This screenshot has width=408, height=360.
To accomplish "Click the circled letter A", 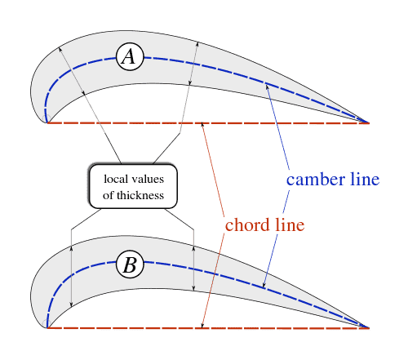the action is [x=130, y=57].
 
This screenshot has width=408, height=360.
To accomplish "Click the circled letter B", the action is [x=130, y=264].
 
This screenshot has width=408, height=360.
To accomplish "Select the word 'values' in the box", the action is [x=148, y=179].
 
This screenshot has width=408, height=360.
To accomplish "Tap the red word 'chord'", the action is [x=247, y=225].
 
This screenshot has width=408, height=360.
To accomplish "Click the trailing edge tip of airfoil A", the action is [x=369, y=123].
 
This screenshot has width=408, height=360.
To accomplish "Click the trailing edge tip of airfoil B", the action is [x=369, y=328].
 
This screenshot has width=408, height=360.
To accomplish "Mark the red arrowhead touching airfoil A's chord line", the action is [x=202, y=125].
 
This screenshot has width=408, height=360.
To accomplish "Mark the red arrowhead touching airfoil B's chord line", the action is [x=202, y=326].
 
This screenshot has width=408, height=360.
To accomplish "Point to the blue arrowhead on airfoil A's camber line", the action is [x=267, y=87].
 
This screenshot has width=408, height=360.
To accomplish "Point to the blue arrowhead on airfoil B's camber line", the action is [x=264, y=285].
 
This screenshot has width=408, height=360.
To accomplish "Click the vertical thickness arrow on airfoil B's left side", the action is [x=71, y=276].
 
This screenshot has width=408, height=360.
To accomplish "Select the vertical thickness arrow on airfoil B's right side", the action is [x=193, y=268].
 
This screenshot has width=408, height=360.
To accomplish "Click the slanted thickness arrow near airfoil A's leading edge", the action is [x=72, y=71].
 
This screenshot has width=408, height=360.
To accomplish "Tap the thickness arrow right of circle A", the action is [x=193, y=64].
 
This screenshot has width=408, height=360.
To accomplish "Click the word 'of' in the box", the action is [x=108, y=195].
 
